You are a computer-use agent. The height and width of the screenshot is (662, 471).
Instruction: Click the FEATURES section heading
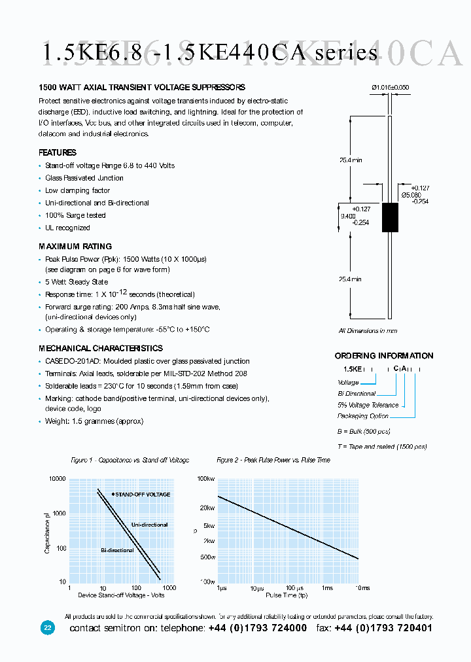(x=58, y=152)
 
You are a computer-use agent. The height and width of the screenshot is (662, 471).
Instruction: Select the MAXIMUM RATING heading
(x=75, y=247)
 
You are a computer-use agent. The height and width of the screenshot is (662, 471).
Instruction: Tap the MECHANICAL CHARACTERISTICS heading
(x=101, y=349)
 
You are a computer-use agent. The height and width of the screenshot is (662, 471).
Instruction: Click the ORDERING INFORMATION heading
(x=384, y=356)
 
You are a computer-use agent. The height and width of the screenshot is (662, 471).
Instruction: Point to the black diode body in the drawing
(x=390, y=218)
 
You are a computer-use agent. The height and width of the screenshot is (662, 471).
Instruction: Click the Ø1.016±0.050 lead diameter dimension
(x=390, y=87)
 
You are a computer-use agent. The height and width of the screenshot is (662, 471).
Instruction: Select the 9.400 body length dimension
(x=348, y=216)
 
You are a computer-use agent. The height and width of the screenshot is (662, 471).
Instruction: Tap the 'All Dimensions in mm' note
(x=368, y=331)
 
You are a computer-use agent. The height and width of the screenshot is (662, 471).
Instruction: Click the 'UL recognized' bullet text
(x=67, y=228)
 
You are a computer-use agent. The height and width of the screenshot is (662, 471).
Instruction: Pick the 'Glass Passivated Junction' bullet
(x=84, y=178)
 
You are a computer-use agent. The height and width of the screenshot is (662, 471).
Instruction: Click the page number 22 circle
(x=48, y=628)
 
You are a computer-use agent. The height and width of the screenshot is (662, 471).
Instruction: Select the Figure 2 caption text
(x=273, y=460)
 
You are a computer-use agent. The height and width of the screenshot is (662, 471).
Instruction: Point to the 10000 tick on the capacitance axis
(x=58, y=479)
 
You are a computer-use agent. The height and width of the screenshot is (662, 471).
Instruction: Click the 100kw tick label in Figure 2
(x=206, y=479)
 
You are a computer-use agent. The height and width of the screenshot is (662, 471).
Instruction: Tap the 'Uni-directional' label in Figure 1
(x=149, y=525)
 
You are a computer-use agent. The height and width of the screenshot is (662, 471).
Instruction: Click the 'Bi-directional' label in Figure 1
(x=117, y=550)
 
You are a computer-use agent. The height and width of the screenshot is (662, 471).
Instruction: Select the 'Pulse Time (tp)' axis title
(x=287, y=595)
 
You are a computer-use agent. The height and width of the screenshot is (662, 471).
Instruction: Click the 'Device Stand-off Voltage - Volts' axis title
(x=121, y=595)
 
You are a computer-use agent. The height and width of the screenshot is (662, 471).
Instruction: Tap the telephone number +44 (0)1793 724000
(x=258, y=628)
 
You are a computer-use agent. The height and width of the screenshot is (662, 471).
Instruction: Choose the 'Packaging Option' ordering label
(x=362, y=416)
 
